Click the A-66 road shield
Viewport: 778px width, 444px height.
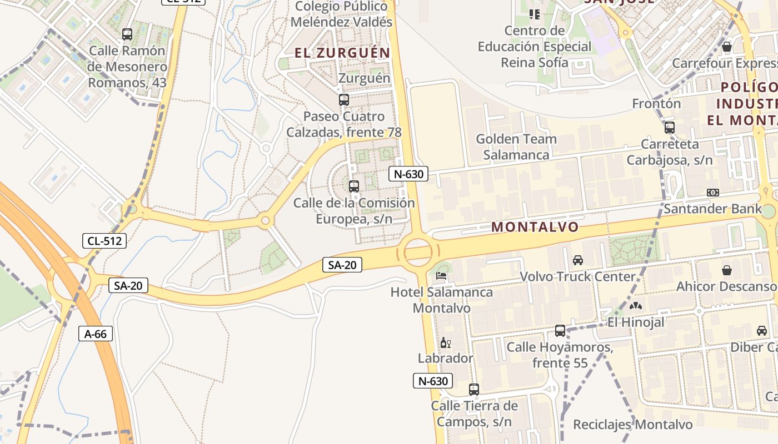click(x=96, y=334)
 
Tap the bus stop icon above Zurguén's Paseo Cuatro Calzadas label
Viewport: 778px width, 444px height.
click(x=344, y=100)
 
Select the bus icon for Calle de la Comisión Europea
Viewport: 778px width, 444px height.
click(x=354, y=186)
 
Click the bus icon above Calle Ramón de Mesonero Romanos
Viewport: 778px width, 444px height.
click(x=127, y=34)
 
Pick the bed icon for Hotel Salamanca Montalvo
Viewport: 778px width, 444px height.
click(x=442, y=275)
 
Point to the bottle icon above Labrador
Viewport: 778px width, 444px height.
click(x=445, y=343)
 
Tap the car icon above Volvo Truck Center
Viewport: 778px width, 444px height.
click(x=578, y=260)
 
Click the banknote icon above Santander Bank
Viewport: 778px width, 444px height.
click(x=713, y=193)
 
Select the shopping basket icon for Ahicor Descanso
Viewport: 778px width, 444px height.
click(x=726, y=270)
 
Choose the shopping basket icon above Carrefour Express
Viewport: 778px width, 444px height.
click(x=726, y=47)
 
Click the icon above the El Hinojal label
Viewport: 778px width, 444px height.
click(x=635, y=306)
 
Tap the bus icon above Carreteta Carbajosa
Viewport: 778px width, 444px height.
click(x=669, y=128)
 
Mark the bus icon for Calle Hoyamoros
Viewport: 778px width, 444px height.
click(x=560, y=331)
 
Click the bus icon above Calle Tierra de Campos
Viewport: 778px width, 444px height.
click(x=474, y=390)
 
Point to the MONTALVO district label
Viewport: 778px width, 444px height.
click(x=535, y=227)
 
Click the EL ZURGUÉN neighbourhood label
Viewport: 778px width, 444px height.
click(x=342, y=53)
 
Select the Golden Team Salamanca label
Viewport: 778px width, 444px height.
click(x=516, y=147)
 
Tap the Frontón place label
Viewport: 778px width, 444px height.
click(x=656, y=104)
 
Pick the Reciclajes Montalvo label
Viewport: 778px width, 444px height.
click(x=633, y=425)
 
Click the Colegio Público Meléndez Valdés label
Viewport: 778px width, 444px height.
click(x=342, y=14)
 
